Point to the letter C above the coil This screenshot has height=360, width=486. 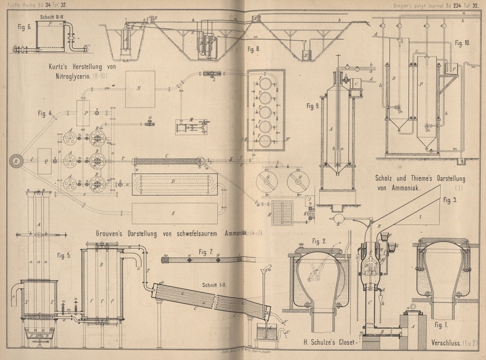pos(166,155)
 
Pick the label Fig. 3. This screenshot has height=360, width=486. pos(451,200)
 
